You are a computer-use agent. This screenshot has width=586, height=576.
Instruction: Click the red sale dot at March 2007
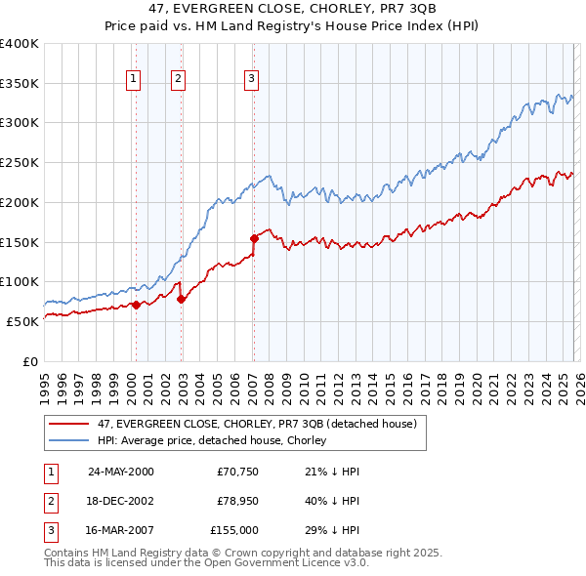[x=254, y=237]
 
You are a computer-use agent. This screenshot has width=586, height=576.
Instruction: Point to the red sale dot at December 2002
[x=181, y=299]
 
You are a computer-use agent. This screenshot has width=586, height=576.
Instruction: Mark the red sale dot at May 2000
[x=136, y=305]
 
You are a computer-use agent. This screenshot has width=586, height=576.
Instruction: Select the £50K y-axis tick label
[x=22, y=321]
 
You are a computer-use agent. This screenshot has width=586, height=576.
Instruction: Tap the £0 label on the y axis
[x=29, y=361]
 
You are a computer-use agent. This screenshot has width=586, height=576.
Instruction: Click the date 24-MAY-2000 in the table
[x=121, y=472]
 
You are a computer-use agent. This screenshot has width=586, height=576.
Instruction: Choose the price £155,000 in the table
[x=233, y=530]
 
